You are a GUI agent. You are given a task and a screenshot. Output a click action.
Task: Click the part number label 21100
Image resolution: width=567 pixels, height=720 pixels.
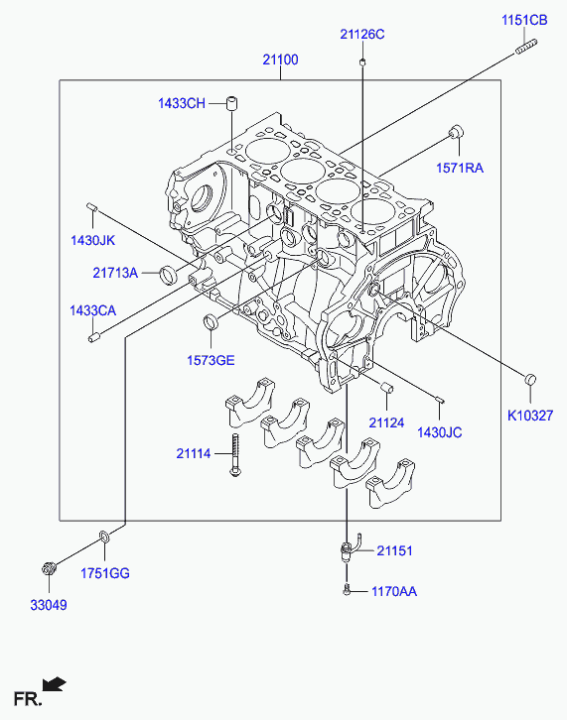(280, 60)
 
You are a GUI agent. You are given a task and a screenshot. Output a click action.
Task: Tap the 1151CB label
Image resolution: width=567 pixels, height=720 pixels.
(524, 21)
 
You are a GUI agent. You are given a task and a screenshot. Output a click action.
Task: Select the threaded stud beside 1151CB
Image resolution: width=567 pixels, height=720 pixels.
(526, 47)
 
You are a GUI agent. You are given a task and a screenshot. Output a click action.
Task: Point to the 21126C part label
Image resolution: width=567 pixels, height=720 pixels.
(362, 35)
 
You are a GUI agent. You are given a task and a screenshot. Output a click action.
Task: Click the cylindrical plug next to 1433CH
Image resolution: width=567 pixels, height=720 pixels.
(232, 103)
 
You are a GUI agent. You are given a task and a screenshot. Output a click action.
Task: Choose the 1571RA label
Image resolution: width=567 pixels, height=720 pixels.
(460, 168)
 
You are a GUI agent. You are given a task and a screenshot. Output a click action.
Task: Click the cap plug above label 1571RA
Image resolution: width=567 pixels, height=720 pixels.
(457, 130)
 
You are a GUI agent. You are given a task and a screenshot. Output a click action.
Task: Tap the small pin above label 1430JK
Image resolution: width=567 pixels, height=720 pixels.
(91, 206)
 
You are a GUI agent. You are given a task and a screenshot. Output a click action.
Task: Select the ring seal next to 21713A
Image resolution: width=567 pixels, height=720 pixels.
(168, 274)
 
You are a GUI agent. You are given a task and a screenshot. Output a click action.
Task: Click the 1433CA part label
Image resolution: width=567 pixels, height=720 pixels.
(93, 310)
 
